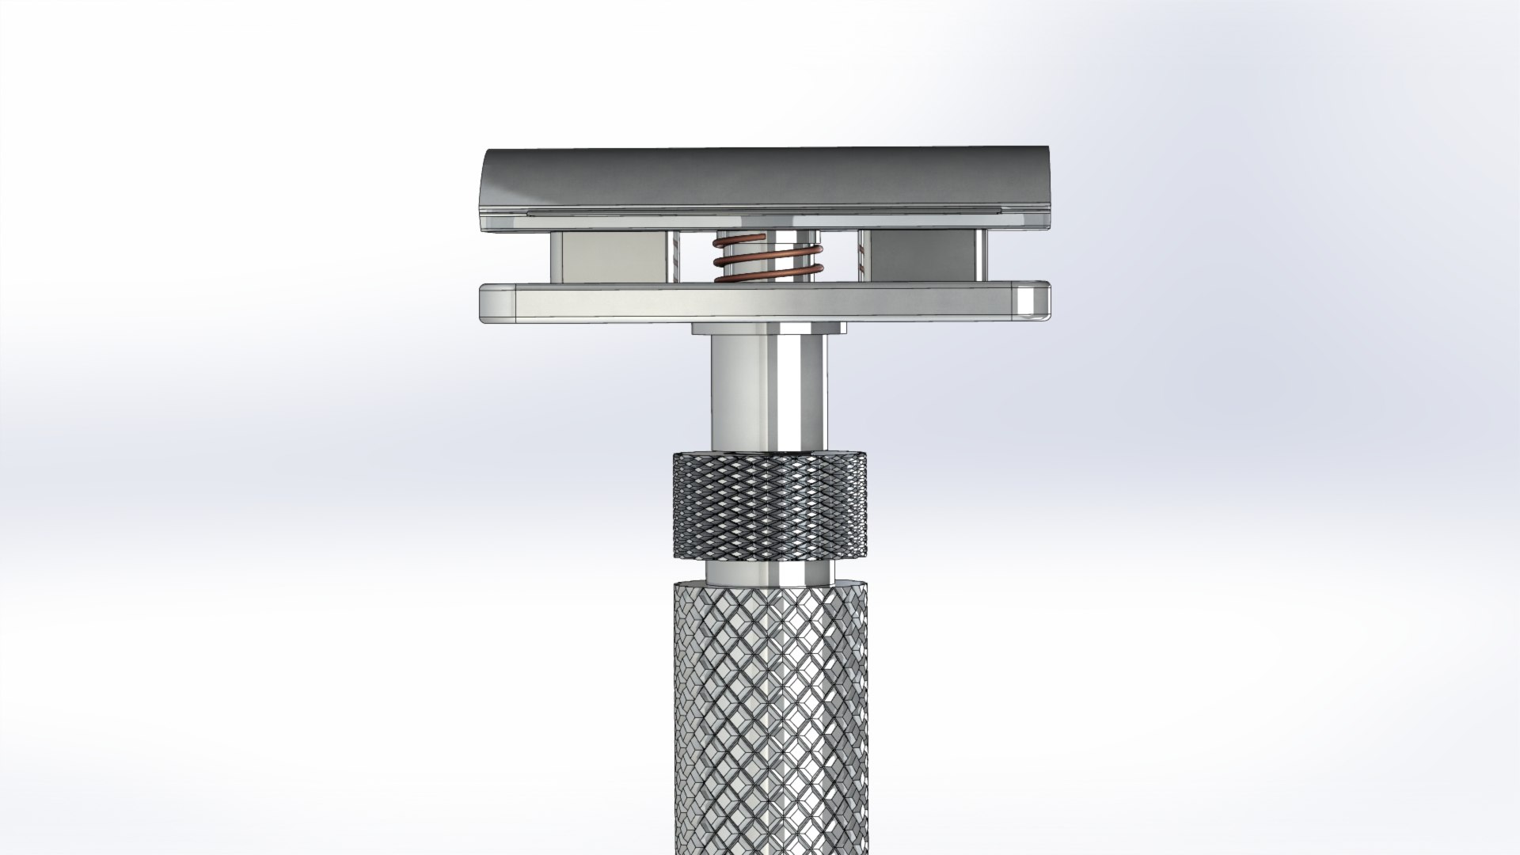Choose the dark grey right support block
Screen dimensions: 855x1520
(918, 256)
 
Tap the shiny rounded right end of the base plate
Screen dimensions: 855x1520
(1033, 302)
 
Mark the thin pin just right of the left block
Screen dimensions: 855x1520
(674, 256)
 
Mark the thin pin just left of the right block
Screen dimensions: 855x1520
(858, 256)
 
